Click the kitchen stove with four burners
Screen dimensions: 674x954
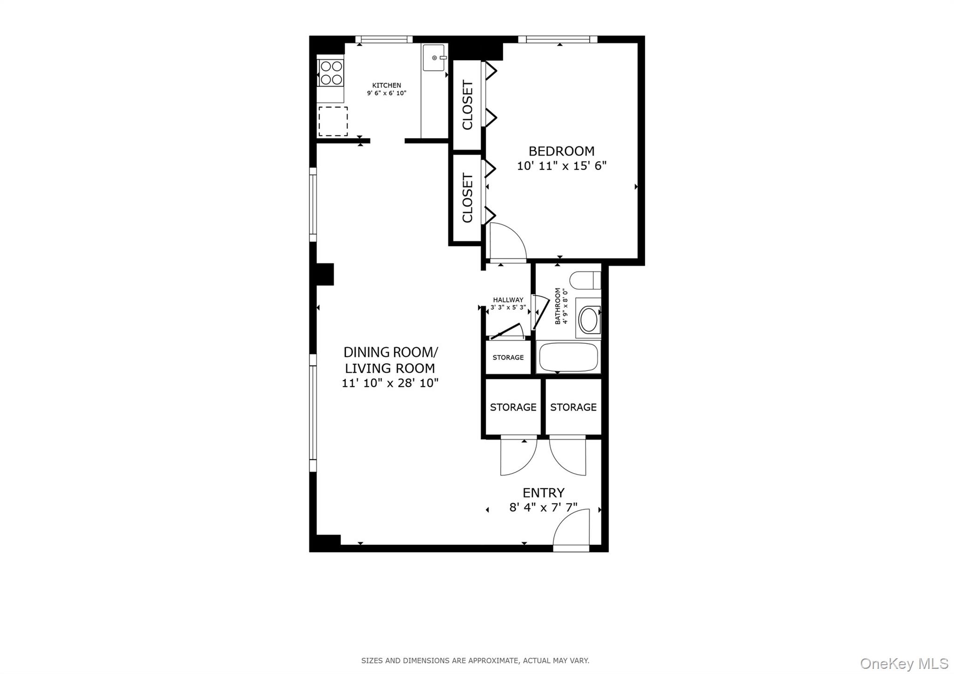(331, 73)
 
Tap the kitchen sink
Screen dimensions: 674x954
(433, 58)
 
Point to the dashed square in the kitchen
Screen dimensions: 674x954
(333, 121)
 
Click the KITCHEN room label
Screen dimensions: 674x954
(386, 85)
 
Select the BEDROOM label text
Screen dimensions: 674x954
(561, 151)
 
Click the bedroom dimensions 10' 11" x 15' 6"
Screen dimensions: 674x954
(561, 166)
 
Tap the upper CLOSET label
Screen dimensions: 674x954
(467, 105)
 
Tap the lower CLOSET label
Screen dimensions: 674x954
(467, 198)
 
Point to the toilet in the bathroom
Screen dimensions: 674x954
(585, 280)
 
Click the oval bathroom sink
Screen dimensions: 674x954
(589, 319)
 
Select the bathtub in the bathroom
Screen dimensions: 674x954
(568, 357)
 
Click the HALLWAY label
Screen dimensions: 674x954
(508, 300)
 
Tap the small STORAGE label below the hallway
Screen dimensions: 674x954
(508, 358)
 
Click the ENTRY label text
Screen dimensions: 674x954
(543, 493)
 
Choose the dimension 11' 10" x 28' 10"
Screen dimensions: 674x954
(390, 383)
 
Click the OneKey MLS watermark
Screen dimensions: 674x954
(904, 663)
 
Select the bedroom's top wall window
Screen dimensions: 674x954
(558, 40)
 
